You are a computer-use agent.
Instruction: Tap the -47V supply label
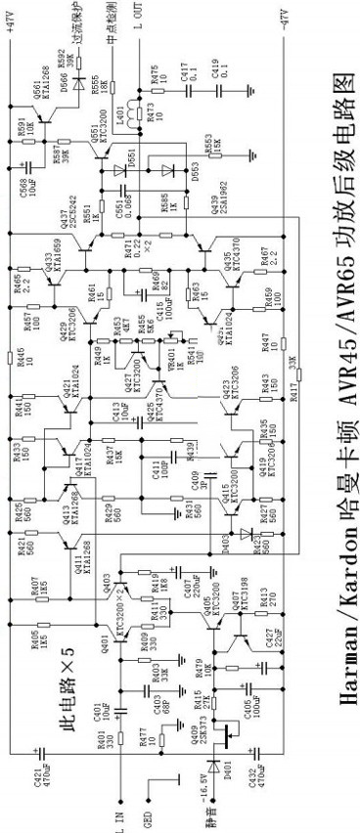click(285, 20)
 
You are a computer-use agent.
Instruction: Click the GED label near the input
click(148, 811)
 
